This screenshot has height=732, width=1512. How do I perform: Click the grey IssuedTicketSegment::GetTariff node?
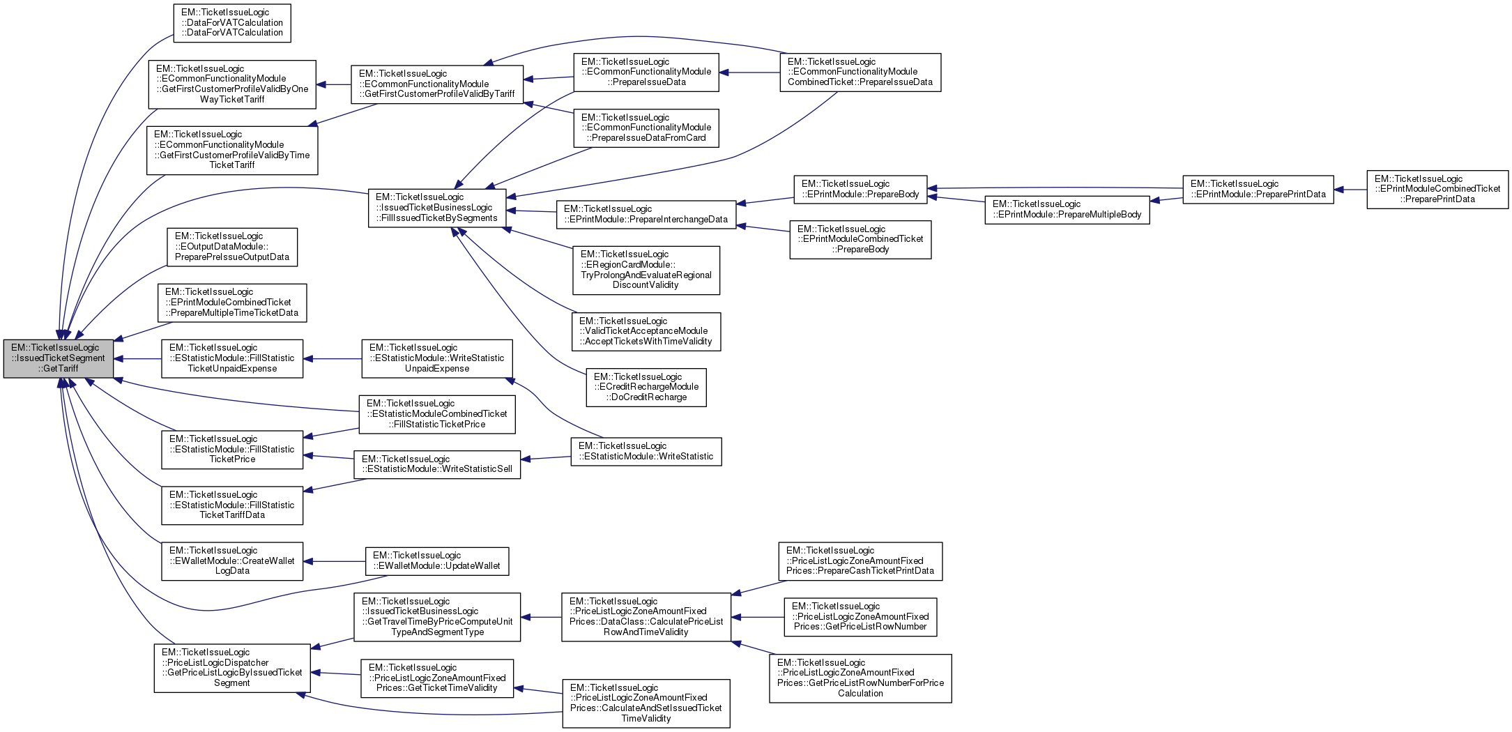59,358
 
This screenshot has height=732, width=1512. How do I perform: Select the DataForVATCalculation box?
232,23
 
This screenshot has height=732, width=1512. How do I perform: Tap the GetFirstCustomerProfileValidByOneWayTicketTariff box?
232,84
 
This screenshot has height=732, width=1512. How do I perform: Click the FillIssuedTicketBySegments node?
437,208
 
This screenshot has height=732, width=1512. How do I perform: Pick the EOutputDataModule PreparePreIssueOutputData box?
232,247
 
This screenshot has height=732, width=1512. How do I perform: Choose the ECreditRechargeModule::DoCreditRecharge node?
646,388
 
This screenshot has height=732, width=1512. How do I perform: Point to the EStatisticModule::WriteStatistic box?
646,452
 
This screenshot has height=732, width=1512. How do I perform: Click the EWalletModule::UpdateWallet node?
437,561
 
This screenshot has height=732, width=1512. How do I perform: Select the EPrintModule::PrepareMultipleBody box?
1067,209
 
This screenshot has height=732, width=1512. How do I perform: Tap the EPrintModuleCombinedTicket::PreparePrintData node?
1437,190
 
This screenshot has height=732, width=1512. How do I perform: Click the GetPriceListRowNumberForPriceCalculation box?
860,678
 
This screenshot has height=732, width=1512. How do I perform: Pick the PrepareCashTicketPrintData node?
860,561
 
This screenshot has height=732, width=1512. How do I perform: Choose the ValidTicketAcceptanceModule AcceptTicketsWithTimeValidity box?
646,332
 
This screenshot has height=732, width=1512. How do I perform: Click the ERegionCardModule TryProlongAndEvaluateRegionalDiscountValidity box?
646,270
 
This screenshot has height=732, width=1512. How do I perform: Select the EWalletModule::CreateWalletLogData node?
232,561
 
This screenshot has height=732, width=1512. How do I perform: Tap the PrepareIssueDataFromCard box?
646,128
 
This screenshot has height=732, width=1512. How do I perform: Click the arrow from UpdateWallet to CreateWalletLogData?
335,561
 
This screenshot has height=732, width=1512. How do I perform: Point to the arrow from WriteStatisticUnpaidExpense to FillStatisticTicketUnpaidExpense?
333,359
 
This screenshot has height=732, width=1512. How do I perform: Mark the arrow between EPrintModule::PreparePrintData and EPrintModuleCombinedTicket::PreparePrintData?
1350,189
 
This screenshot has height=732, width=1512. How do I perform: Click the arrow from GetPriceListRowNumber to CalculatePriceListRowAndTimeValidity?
758,617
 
